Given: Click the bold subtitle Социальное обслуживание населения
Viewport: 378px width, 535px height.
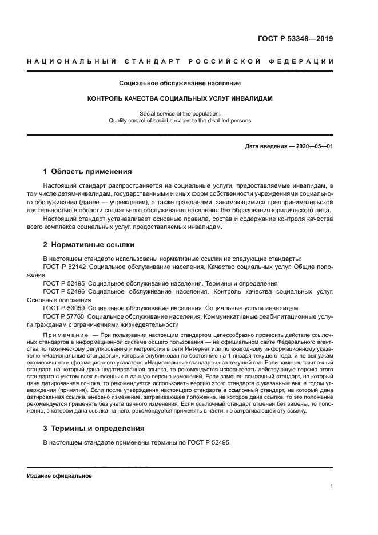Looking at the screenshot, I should pyautogui.click(x=180, y=83).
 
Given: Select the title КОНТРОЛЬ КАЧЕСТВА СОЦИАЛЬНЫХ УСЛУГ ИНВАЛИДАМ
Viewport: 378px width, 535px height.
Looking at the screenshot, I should pyautogui.click(x=180, y=98).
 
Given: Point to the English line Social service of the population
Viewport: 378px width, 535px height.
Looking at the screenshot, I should pyautogui.click(x=180, y=114).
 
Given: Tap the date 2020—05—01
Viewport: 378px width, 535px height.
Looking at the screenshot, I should pyautogui.click(x=314, y=146).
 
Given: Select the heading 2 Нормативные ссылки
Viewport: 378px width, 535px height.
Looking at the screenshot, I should pyautogui.click(x=89, y=245).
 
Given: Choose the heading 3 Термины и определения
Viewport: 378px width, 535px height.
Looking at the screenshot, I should pyautogui.click(x=94, y=429).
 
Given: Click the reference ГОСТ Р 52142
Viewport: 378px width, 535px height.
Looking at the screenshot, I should pyautogui.click(x=64, y=267).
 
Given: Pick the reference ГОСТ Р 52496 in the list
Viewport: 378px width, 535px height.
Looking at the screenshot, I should pyautogui.click(x=64, y=291).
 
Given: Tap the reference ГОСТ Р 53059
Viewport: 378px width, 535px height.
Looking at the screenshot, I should pyautogui.click(x=64, y=307).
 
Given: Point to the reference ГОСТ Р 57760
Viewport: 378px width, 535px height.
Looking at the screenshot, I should pyautogui.click(x=64, y=316).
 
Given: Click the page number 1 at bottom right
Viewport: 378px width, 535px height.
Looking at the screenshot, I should pyautogui.click(x=332, y=486).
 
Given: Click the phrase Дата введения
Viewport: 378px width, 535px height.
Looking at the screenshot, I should pyautogui.click(x=266, y=146).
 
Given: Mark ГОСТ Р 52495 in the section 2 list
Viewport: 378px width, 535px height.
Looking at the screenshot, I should pyautogui.click(x=64, y=283).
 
